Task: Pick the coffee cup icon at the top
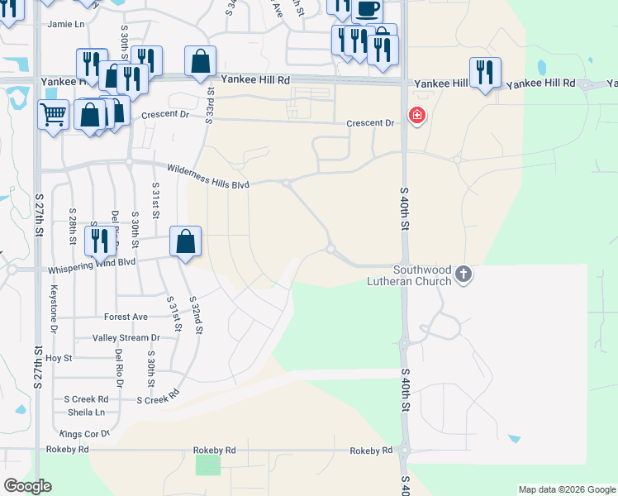(367, 10)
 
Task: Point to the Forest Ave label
(126, 317)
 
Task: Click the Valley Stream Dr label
(126, 338)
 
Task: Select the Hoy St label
(59, 358)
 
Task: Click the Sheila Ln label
(86, 412)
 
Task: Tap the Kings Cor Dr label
(85, 433)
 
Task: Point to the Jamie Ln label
(66, 25)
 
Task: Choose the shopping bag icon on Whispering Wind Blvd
(186, 242)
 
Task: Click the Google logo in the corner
(27, 486)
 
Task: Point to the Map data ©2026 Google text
(566, 489)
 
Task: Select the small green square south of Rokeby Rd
(208, 465)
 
